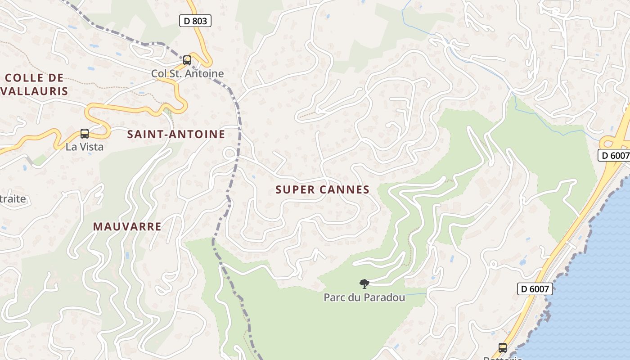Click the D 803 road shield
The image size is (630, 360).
(195, 20)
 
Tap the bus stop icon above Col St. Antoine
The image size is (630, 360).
(187, 60)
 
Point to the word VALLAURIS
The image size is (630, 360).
(35, 91)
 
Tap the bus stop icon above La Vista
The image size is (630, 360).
(85, 133)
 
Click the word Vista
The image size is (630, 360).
(91, 147)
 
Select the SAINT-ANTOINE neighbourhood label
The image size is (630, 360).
(176, 134)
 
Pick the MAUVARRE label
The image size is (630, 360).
(127, 226)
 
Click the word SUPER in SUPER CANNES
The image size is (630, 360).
(295, 190)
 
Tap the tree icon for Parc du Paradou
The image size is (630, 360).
(364, 283)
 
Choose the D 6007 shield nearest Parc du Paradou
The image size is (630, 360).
(535, 288)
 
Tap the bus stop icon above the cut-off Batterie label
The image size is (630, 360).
(502, 347)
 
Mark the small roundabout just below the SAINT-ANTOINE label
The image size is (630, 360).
(229, 153)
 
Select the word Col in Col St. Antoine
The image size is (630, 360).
(158, 73)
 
